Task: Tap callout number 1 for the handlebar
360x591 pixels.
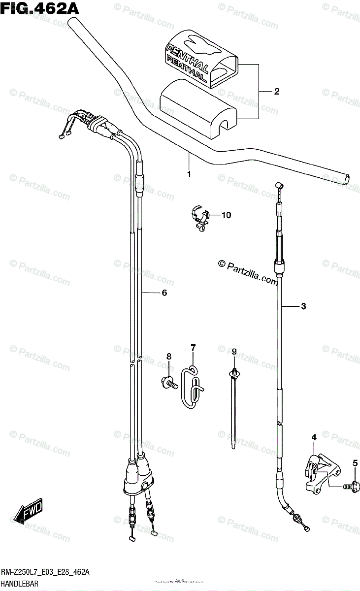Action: point(189,174)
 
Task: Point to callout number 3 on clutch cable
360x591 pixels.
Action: point(303,306)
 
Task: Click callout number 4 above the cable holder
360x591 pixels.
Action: point(314,437)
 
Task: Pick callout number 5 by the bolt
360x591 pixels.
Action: point(354,462)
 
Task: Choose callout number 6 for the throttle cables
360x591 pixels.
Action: point(164,293)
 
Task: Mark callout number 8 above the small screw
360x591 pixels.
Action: point(168,356)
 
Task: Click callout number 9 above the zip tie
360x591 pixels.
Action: point(234,351)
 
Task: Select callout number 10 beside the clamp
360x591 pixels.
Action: point(226,215)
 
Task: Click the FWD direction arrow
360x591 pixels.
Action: point(28,512)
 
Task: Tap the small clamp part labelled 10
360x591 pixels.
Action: point(199,216)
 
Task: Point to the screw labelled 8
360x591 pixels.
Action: point(168,380)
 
